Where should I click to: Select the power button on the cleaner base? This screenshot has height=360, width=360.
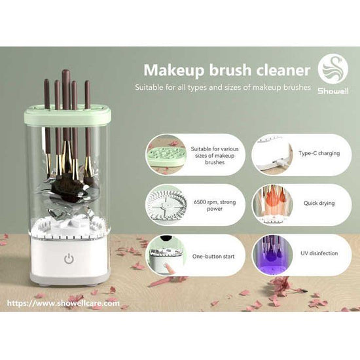(69, 258)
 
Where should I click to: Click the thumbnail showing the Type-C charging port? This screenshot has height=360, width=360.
(272, 155)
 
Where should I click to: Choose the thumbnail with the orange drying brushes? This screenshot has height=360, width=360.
(270, 204)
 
